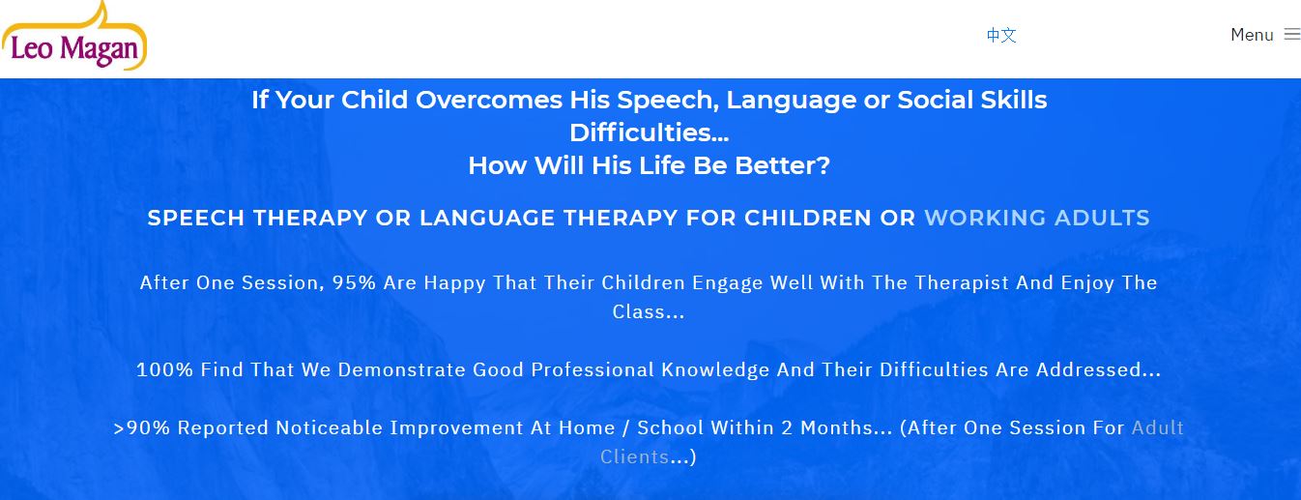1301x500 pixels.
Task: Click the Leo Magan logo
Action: [x=74, y=36]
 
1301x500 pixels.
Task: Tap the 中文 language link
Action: [x=1001, y=36]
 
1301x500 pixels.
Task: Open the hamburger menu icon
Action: [x=1291, y=34]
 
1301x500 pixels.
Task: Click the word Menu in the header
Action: [x=1252, y=35]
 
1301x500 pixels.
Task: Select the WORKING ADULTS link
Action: [x=1037, y=218]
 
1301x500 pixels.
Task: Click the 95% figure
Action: [x=354, y=282]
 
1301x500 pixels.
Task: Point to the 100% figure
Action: [x=164, y=369]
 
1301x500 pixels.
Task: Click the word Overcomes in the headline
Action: [x=489, y=100]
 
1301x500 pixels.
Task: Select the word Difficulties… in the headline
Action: [x=649, y=133]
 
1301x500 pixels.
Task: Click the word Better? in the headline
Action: [x=782, y=165]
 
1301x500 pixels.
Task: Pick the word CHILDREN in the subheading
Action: [x=808, y=218]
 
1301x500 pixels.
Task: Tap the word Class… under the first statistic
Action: [x=649, y=311]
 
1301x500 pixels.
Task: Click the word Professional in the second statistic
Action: [x=593, y=369]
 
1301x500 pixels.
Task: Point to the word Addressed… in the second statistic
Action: [x=1098, y=369]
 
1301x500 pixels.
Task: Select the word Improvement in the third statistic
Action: [x=456, y=427]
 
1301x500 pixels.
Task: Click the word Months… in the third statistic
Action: [x=847, y=427]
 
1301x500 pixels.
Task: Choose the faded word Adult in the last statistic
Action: [x=1158, y=427]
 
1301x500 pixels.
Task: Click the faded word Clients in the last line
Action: [x=635, y=457]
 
